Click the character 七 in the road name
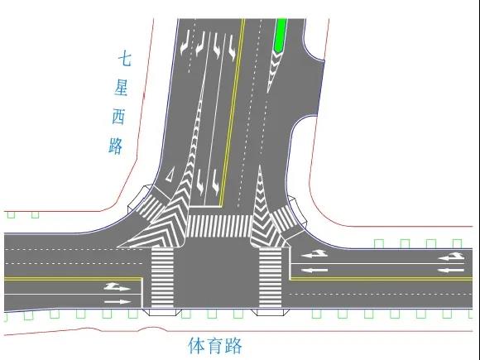[x=125, y=60]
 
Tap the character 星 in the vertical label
[x=121, y=89]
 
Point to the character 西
[x=118, y=117]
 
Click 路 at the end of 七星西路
[x=116, y=146]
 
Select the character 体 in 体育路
[x=196, y=346]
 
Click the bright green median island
[x=281, y=35]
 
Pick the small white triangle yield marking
[x=169, y=175]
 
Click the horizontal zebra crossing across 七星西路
[x=218, y=226]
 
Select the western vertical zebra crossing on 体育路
[x=162, y=277]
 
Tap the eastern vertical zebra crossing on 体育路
[x=271, y=277]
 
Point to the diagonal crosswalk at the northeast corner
[x=284, y=219]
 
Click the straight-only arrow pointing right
[x=118, y=302]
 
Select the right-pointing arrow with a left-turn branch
[x=118, y=287]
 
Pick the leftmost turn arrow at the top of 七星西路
[x=185, y=45]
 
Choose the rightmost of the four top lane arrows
[x=232, y=47]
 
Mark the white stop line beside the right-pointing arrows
[x=142, y=293]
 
